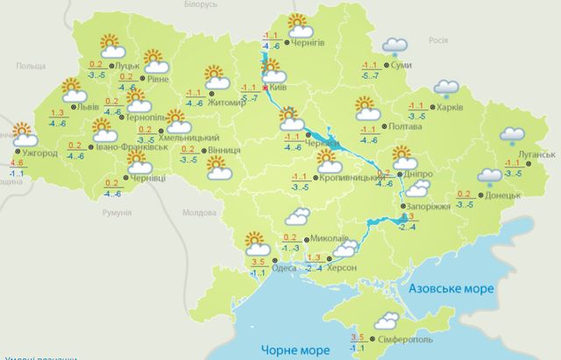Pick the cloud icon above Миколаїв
point(296,219)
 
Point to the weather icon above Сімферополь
point(386,320)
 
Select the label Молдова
point(197,213)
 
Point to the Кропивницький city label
point(347,178)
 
